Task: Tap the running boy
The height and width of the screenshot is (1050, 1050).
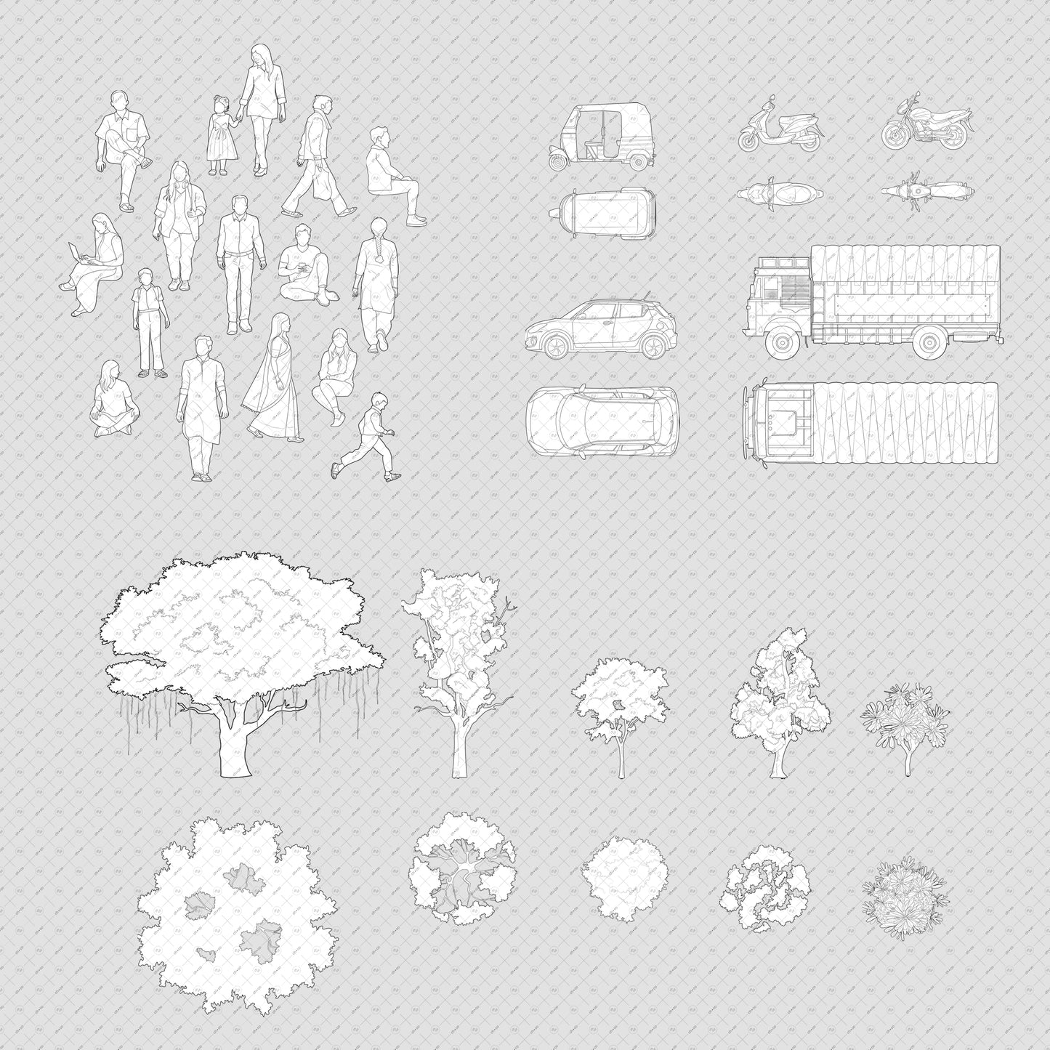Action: (368, 439)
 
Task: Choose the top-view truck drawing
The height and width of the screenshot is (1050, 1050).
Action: (871, 424)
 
